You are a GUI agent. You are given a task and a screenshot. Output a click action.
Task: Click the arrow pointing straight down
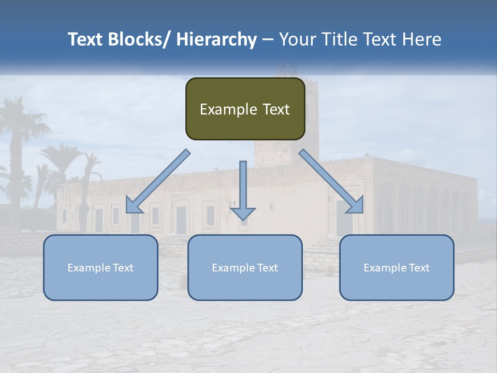(243, 187)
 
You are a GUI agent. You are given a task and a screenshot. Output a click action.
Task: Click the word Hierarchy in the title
(216, 39)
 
